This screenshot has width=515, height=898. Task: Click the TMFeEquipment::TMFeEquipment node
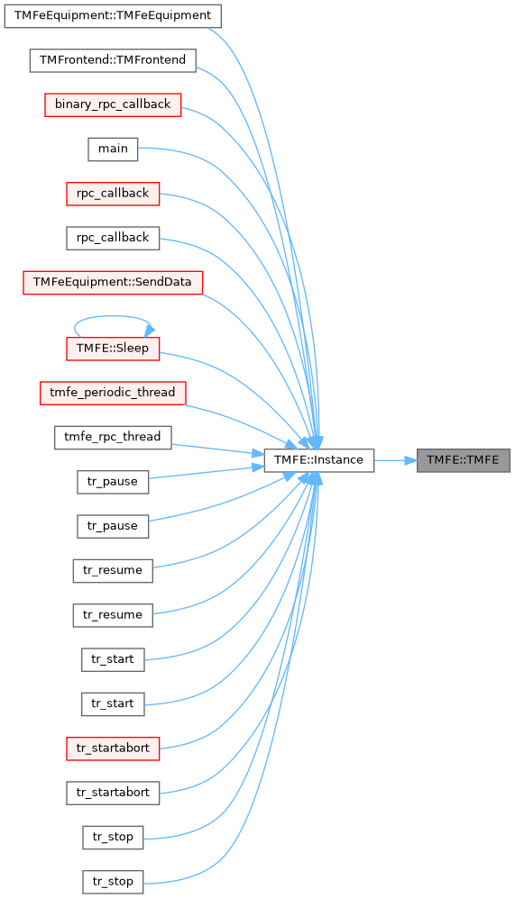(113, 15)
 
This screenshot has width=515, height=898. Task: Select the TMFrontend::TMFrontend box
(113, 60)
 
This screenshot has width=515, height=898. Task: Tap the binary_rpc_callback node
(113, 104)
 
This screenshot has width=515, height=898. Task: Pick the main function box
(113, 149)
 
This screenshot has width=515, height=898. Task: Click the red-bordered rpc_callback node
(113, 194)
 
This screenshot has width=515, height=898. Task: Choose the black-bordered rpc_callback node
(113, 238)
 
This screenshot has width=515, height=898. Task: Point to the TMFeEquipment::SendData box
(113, 282)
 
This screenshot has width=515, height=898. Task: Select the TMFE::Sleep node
(113, 349)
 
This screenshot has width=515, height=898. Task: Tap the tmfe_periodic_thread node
(113, 393)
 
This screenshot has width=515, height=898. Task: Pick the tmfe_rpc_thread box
(113, 438)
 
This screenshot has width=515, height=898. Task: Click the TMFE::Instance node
(319, 460)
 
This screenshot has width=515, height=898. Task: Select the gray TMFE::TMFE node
(463, 460)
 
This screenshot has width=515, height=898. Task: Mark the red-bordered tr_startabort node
(113, 748)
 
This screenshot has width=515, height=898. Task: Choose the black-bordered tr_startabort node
(113, 794)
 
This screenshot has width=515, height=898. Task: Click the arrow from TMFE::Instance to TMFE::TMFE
(396, 460)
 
